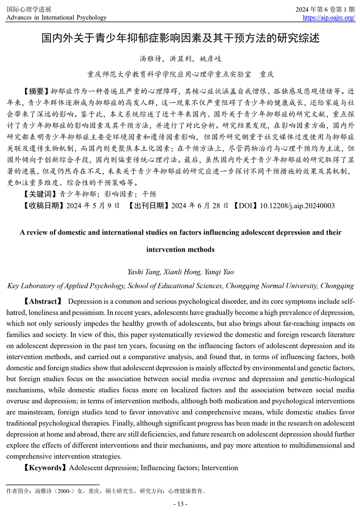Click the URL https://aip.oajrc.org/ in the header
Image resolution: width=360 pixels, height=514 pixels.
(329, 17)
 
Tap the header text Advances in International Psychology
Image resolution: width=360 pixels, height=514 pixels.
(56, 17)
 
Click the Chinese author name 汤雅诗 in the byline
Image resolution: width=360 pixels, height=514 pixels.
(149, 59)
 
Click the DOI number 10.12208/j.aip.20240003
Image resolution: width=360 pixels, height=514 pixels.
(297, 206)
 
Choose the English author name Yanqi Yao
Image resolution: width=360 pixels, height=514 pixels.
(219, 272)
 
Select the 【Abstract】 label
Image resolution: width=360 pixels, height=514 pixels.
(43, 302)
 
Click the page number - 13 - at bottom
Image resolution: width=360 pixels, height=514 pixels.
(180, 504)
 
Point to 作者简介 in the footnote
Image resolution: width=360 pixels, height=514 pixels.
(18, 491)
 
